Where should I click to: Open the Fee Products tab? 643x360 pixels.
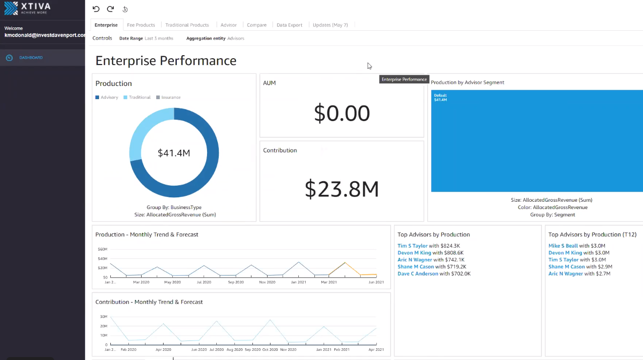(x=141, y=25)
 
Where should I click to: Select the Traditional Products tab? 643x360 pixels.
(x=187, y=25)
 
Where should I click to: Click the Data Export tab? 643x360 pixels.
(x=290, y=25)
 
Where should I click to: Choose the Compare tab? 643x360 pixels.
(x=256, y=25)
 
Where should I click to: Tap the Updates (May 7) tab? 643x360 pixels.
(x=330, y=25)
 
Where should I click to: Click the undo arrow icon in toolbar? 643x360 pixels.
(x=96, y=9)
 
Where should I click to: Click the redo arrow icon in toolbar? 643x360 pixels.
(x=110, y=9)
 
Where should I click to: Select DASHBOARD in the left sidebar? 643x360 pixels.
(x=31, y=58)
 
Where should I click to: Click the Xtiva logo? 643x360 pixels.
(x=27, y=8)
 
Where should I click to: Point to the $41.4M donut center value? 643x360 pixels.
(x=174, y=153)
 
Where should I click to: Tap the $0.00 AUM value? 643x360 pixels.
(x=342, y=113)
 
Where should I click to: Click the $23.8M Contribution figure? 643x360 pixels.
(x=342, y=189)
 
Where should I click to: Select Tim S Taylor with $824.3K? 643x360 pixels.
(x=413, y=246)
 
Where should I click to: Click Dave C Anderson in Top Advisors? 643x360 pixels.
(x=417, y=274)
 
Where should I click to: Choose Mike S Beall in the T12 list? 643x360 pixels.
(x=563, y=246)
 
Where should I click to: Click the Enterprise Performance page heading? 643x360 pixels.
(x=166, y=61)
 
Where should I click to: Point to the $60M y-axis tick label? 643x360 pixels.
(x=103, y=249)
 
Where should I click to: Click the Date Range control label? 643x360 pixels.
(x=131, y=38)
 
